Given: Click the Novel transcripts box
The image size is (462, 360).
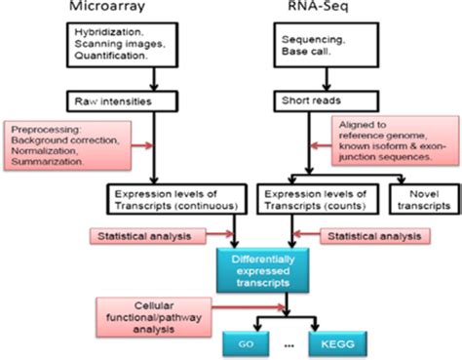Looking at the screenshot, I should point(421,200).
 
